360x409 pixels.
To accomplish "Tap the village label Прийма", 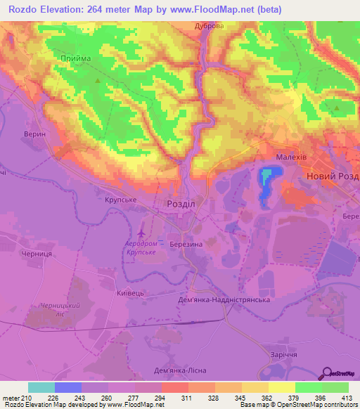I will tap(76, 59).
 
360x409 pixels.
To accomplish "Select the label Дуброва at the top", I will tap(210, 26).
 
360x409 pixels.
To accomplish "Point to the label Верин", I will tap(34, 134).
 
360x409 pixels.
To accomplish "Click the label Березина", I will tap(186, 242).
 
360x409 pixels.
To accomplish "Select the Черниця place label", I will tap(37, 254).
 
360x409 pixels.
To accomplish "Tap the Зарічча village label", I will tap(277, 354).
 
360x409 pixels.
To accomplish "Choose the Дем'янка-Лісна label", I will tap(179, 370).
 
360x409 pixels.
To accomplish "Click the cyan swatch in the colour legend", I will tap(41, 387).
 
